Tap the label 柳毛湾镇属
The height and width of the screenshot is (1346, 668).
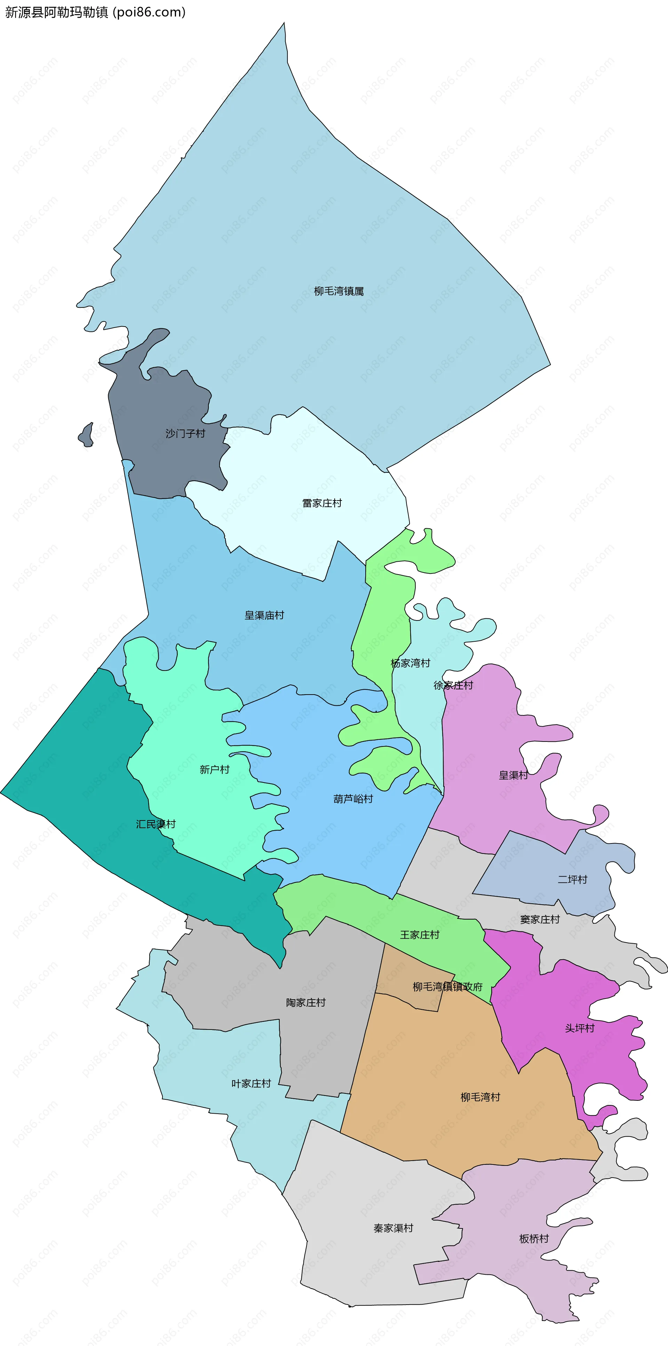(x=339, y=291)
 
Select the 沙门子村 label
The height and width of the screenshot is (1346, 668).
(x=185, y=433)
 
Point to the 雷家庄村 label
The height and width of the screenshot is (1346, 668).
(x=322, y=503)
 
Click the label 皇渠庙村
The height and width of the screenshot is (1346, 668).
(x=264, y=615)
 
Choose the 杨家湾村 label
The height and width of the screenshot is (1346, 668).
(x=410, y=663)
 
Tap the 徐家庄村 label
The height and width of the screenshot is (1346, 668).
(x=453, y=685)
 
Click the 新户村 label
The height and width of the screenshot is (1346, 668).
(x=214, y=769)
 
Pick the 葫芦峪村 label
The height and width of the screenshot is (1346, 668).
(x=353, y=799)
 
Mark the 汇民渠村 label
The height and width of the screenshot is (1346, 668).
(x=156, y=824)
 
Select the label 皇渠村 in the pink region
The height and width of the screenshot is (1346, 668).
(x=513, y=775)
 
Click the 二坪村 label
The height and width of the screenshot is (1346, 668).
(x=572, y=879)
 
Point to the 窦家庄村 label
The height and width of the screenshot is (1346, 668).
(x=540, y=919)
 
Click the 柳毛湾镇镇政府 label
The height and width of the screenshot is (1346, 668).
(x=447, y=986)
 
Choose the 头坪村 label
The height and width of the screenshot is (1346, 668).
(x=580, y=1028)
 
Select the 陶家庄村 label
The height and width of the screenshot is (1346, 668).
(x=306, y=1002)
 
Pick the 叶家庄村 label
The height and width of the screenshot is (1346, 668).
(x=252, y=1083)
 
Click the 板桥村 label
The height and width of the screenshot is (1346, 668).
(x=534, y=1239)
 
